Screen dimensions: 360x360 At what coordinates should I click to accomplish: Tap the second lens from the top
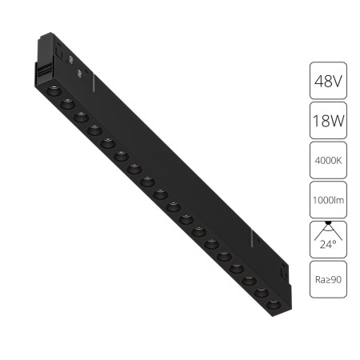click(66, 102)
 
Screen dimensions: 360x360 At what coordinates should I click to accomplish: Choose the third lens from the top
click(80, 116)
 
